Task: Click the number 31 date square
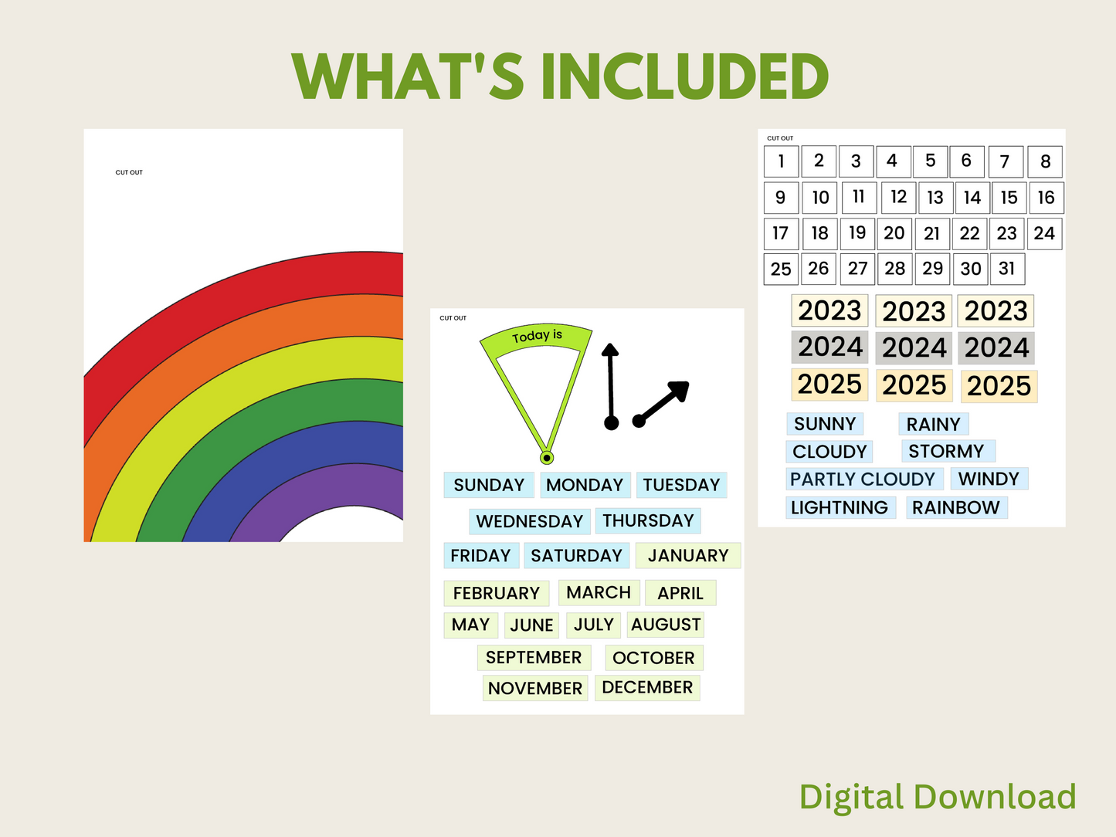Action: tap(1007, 269)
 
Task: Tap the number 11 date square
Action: tap(859, 197)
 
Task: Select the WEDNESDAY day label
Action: tap(529, 521)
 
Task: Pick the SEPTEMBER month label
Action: tap(534, 658)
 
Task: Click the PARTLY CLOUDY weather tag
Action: tap(864, 479)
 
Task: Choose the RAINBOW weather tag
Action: tap(956, 508)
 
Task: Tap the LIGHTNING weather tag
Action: tap(840, 508)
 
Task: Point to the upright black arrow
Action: tap(611, 387)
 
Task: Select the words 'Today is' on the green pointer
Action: tap(537, 336)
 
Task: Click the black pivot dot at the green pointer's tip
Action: tap(547, 458)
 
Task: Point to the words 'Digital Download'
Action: tap(938, 797)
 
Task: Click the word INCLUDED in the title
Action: tap(684, 76)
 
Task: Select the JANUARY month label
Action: tap(688, 555)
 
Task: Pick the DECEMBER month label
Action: tap(647, 687)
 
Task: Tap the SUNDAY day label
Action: tap(489, 485)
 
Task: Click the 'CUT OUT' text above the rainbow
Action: tap(129, 172)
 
